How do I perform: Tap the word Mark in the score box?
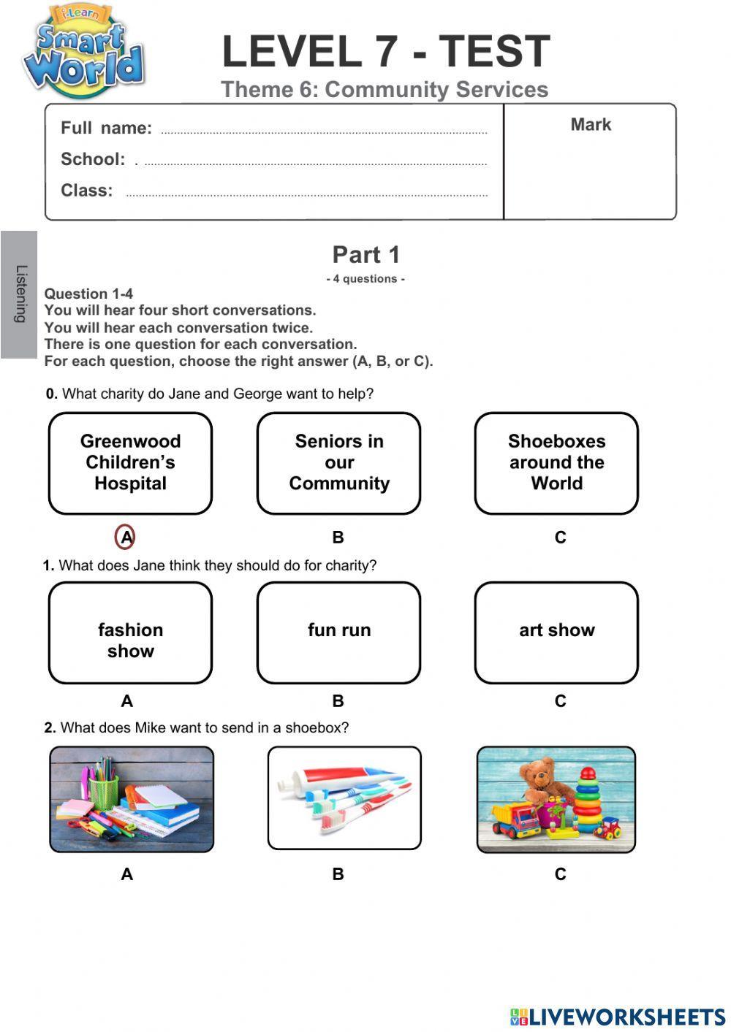(x=591, y=125)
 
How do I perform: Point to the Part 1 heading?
(x=366, y=255)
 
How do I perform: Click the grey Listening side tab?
(x=20, y=294)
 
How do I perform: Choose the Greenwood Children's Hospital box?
(x=130, y=463)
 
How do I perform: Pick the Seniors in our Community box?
(x=338, y=463)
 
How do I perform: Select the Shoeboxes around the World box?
(x=556, y=463)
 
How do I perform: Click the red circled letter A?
(x=126, y=538)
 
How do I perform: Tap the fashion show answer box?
(x=130, y=633)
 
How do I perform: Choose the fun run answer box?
(x=338, y=633)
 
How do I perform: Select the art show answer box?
(x=556, y=633)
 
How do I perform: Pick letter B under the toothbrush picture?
(x=338, y=874)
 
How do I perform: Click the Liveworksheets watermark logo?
(x=617, y=1017)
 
